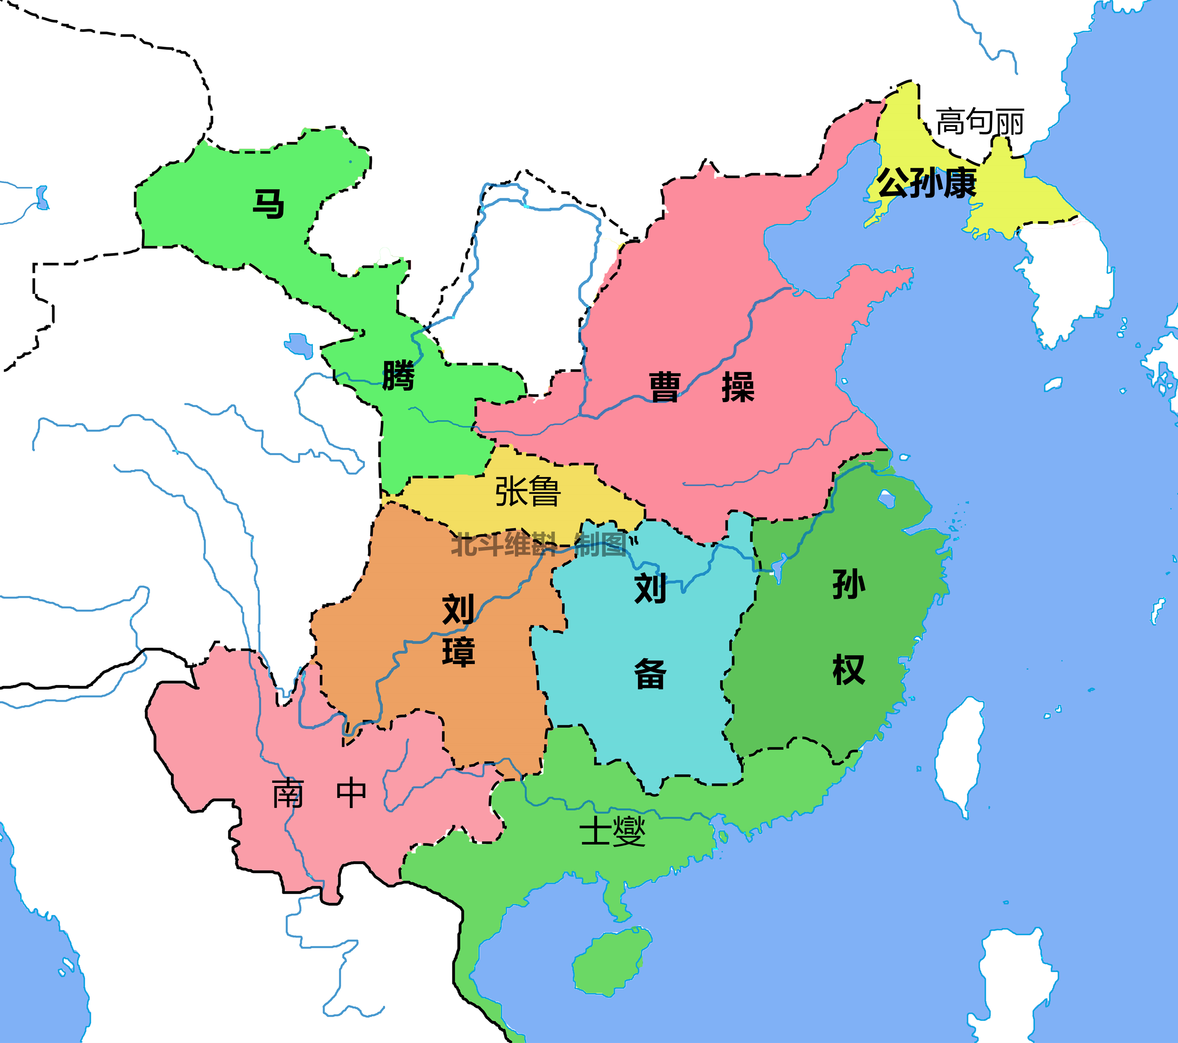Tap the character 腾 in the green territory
coord(399,376)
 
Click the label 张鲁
coord(527,492)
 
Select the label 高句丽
coord(980,122)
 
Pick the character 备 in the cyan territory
coord(650,674)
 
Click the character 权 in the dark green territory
coord(848,670)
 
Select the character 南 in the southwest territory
coord(288,794)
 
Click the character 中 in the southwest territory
coord(351,794)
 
